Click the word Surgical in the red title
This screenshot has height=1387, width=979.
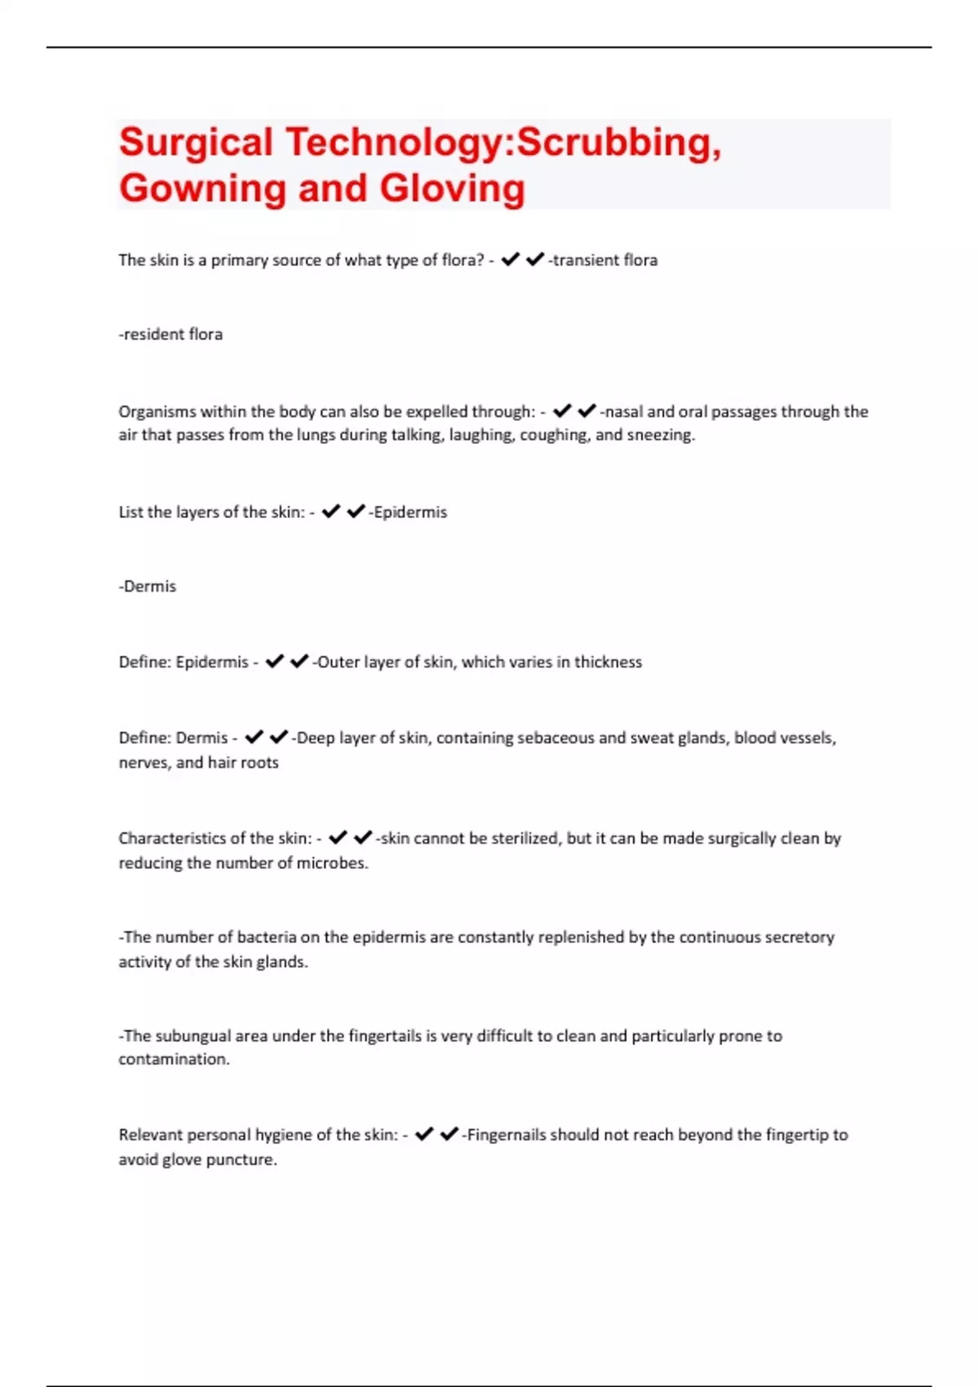pyautogui.click(x=196, y=143)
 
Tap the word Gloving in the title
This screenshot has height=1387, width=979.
pyautogui.click(x=452, y=188)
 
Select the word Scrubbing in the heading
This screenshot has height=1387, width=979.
pyautogui.click(x=618, y=143)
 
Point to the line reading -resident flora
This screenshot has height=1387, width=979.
pyautogui.click(x=171, y=335)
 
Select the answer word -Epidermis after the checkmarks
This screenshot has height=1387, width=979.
pyautogui.click(x=409, y=512)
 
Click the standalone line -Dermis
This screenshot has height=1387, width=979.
pyautogui.click(x=148, y=587)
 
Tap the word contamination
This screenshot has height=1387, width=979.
pyautogui.click(x=174, y=1060)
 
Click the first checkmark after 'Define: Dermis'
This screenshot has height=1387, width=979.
pyautogui.click(x=254, y=738)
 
